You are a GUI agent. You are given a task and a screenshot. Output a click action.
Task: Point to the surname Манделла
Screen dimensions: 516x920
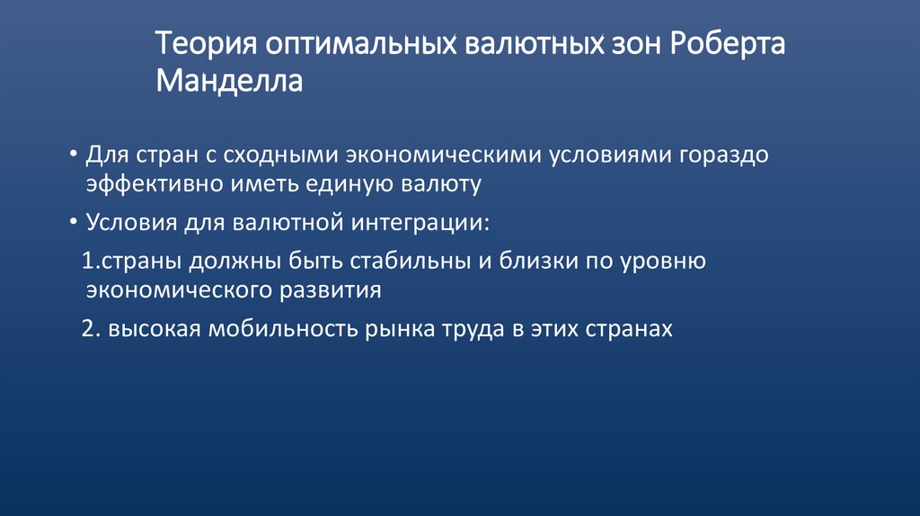coord(229,83)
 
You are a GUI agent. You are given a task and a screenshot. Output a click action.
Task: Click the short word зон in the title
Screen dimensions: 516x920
coord(621,44)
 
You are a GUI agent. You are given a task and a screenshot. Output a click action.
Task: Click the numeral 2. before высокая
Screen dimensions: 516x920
coord(88,329)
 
